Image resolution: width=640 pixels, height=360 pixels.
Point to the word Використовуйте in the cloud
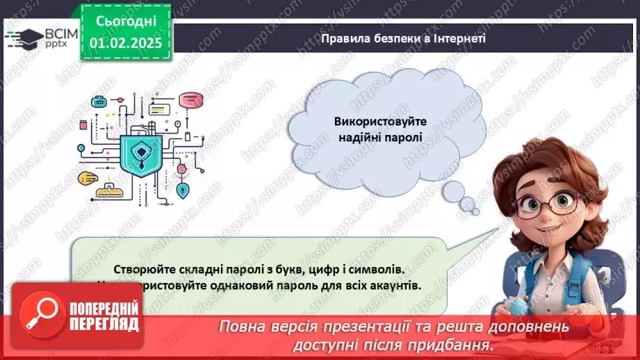coord(380,121)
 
